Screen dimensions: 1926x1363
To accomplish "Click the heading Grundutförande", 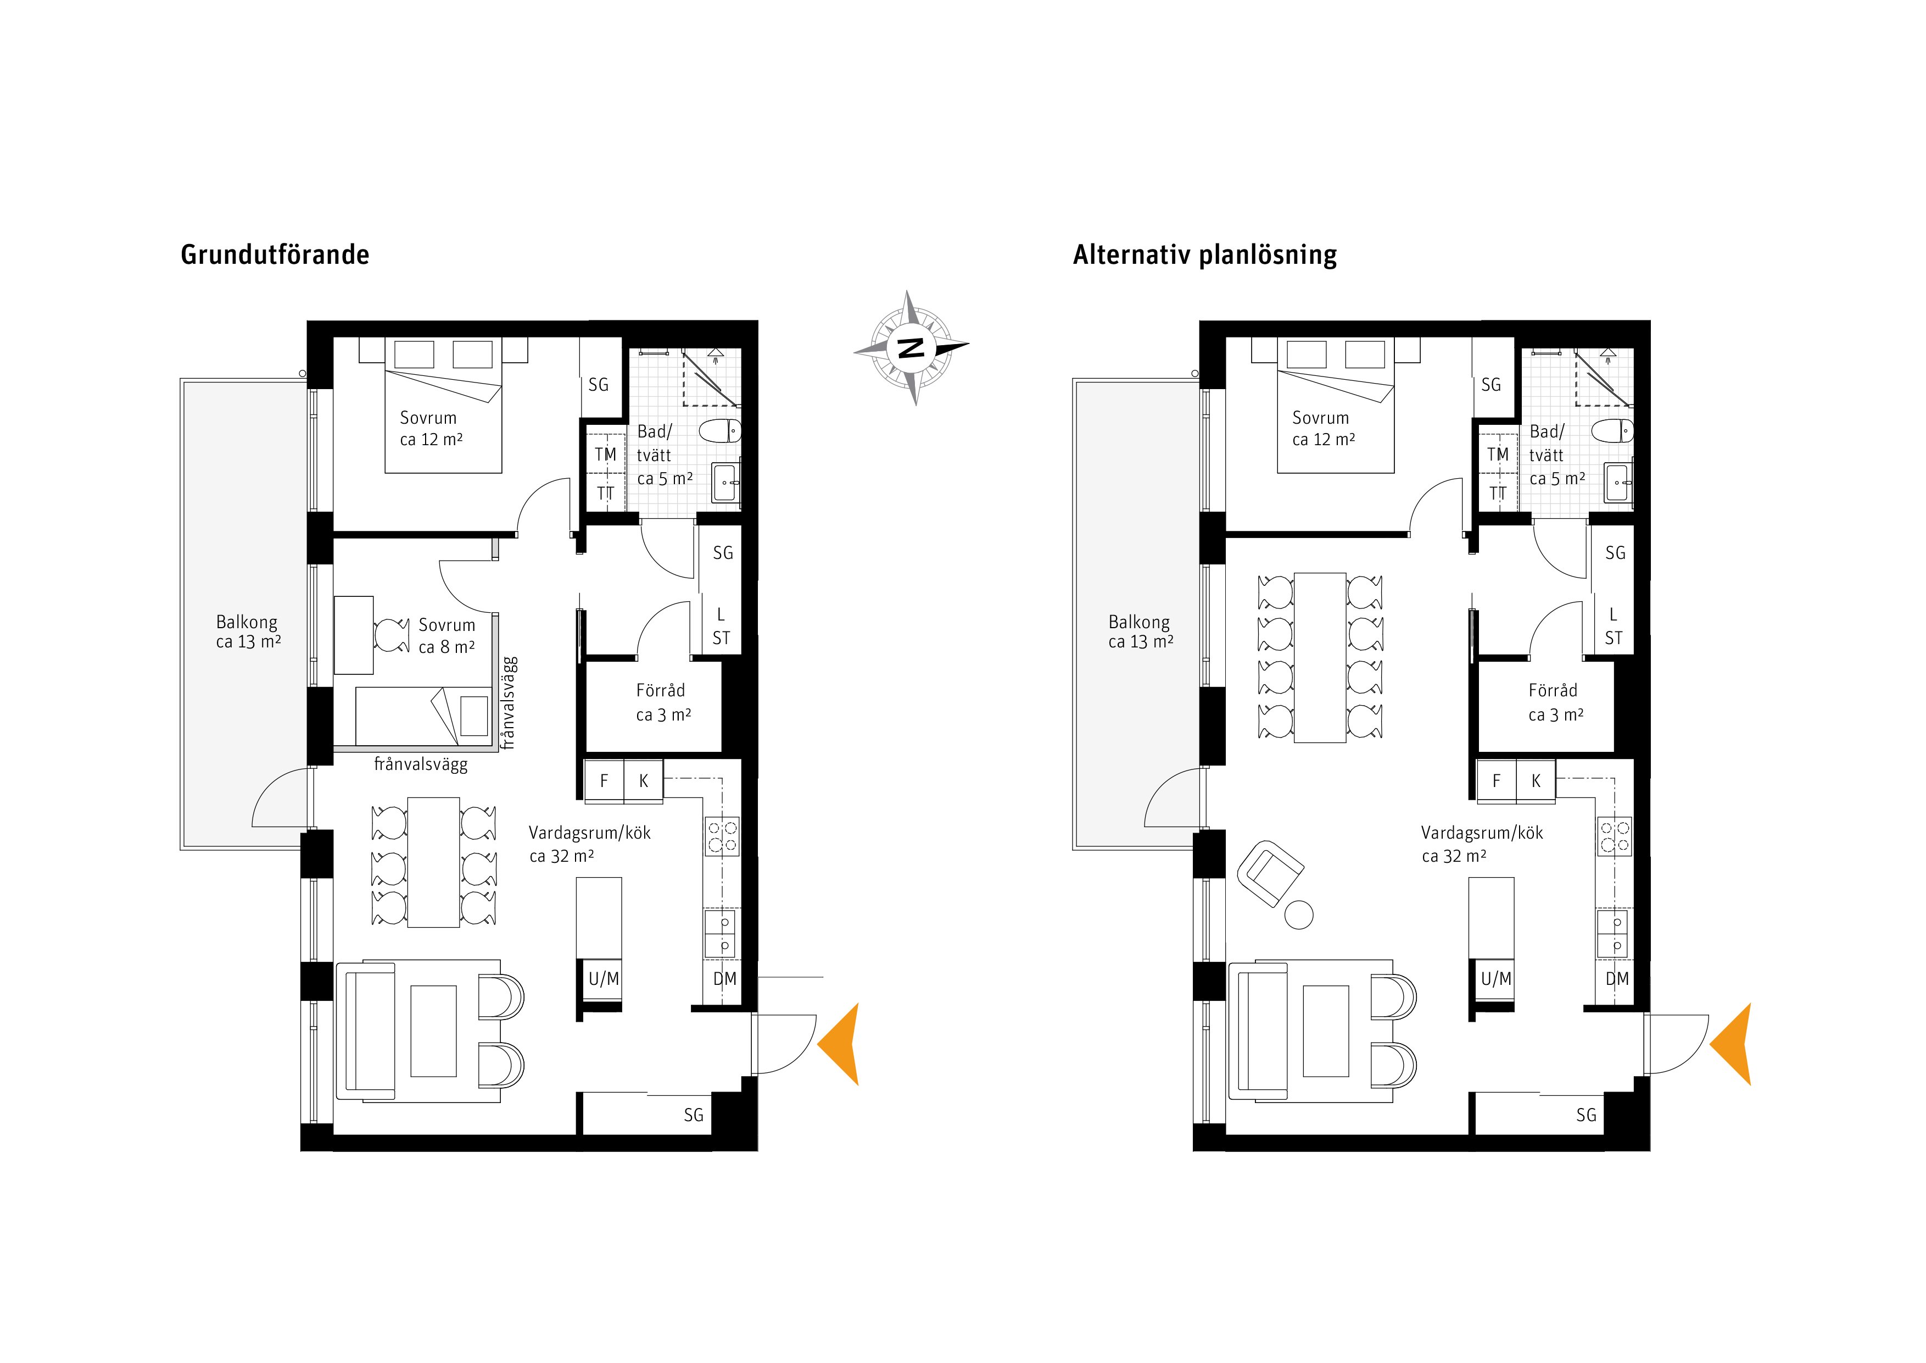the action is click(275, 255).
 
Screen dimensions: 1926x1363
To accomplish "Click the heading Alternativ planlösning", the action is click(1204, 255).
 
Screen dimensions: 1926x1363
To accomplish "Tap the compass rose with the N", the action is click(912, 347).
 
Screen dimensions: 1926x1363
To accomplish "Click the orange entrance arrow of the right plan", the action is click(1732, 1044).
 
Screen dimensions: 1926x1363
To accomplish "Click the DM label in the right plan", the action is click(1616, 979).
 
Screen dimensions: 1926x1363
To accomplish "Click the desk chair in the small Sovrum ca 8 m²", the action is click(391, 635).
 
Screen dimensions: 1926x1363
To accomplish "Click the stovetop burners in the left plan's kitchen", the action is click(722, 836).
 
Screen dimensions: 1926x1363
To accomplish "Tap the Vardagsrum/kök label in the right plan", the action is click(1482, 833).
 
